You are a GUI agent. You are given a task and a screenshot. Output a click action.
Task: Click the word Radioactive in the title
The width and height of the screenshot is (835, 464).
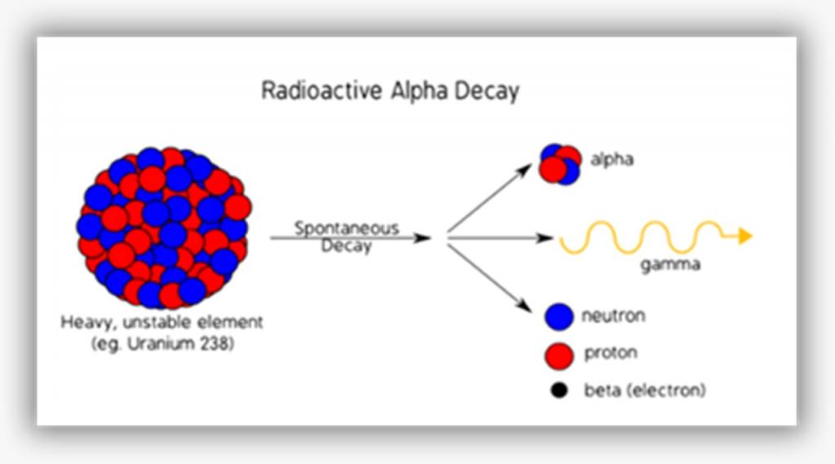[321, 90]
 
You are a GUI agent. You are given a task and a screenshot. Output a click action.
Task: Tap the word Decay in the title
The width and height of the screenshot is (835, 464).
[487, 91]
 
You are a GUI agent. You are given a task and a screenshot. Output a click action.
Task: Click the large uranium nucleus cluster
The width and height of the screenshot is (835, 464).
[164, 228]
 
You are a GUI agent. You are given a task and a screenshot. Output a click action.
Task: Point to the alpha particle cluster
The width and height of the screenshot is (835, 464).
[559, 165]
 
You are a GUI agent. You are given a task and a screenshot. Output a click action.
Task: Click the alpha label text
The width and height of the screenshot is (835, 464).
[612, 159]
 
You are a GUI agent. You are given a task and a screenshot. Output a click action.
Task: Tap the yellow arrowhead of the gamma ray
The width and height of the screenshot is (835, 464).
[745, 236]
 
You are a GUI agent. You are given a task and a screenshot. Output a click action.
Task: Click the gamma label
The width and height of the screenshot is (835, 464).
[670, 265]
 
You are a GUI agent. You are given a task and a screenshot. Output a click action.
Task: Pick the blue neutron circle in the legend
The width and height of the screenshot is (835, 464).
[559, 316]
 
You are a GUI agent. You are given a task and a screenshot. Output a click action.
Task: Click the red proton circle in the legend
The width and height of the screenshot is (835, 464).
[559, 356]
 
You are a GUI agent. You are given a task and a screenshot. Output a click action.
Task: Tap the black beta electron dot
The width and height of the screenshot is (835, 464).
[559, 391]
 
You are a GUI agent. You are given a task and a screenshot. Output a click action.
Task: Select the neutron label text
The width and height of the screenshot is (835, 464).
[613, 316]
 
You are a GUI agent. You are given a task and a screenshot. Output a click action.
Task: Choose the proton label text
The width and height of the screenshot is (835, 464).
[610, 353]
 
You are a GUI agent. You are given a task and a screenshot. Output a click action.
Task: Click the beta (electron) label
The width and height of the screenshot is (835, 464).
[645, 391]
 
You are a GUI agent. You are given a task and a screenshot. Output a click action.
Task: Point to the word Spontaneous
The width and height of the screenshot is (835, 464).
[347, 228]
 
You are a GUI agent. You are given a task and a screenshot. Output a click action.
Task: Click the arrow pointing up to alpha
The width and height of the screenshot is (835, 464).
[490, 197]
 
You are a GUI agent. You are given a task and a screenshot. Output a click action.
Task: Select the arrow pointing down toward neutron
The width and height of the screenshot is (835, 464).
[490, 278]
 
